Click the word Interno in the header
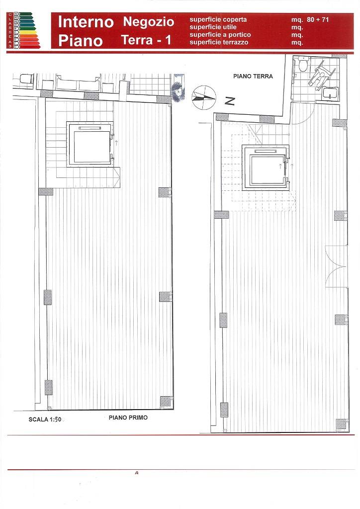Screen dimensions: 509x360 (x=86, y=22)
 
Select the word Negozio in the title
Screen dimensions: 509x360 (x=149, y=22)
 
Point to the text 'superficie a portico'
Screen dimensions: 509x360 (x=220, y=35)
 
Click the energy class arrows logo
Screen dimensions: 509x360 (x=24, y=30)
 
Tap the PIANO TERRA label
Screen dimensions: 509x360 (x=253, y=77)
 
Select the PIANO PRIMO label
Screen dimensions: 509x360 (x=128, y=418)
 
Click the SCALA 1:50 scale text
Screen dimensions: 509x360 (x=45, y=420)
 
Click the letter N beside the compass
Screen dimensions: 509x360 (x=230, y=101)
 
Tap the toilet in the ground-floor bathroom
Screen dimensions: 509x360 (x=302, y=65)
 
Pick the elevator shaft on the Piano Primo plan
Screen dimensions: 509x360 (x=90, y=144)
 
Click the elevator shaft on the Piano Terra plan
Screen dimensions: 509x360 (x=266, y=168)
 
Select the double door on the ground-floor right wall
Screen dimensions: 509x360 (x=336, y=266)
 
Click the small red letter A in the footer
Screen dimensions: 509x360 (x=136, y=473)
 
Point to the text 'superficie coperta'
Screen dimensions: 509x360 (x=218, y=19)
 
